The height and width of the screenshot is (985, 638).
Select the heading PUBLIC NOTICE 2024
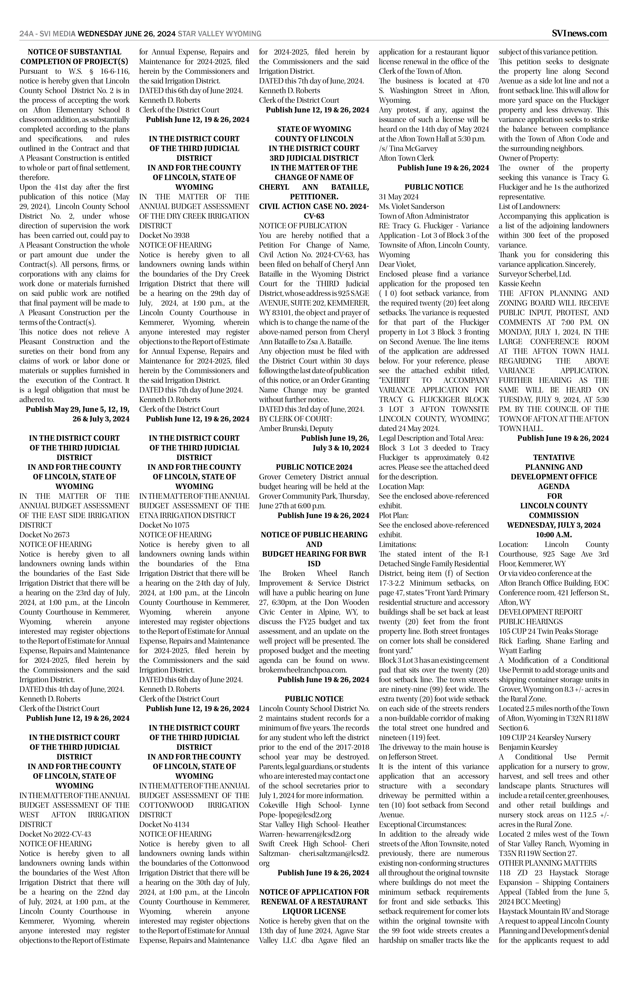tap(314, 467)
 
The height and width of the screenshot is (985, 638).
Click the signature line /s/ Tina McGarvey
tap(408, 148)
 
